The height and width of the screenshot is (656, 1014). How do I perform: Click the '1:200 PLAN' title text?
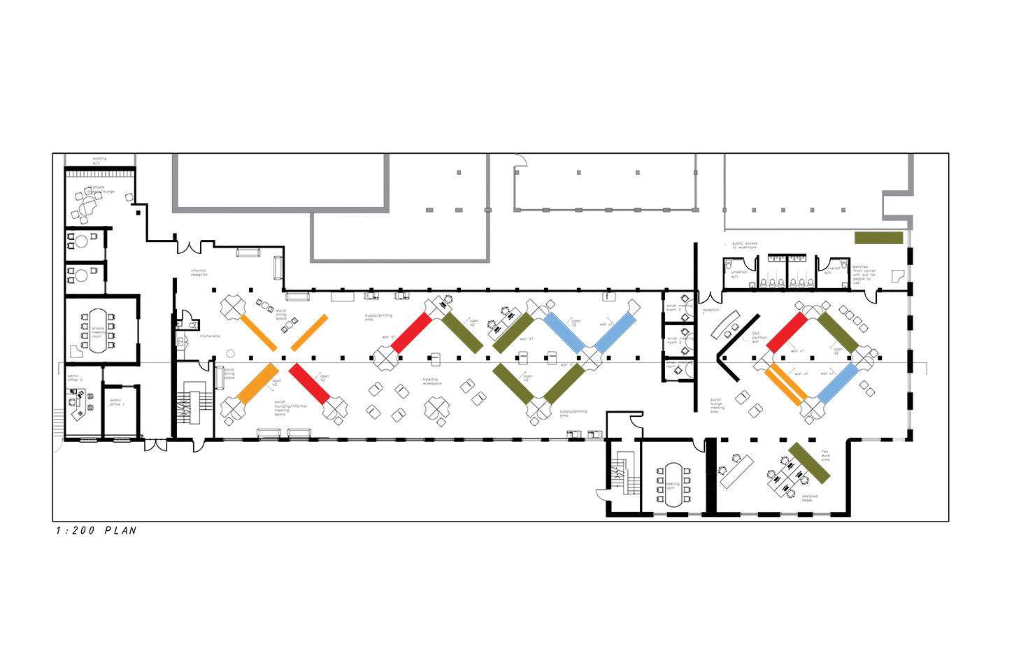(97, 531)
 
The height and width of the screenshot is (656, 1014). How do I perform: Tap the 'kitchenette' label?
(210, 336)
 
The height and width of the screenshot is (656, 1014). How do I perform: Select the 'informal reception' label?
(199, 273)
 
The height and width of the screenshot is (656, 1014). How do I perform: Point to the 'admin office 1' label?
(117, 402)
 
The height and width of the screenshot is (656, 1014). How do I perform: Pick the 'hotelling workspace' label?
(431, 381)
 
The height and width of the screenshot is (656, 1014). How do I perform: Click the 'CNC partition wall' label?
(759, 338)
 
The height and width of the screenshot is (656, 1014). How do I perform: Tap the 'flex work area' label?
(825, 455)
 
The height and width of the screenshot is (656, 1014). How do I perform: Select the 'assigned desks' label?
(809, 498)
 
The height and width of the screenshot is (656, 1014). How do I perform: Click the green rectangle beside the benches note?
(878, 238)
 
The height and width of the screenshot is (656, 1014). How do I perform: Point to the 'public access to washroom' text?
(744, 245)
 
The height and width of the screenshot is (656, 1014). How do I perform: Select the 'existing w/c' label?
(100, 160)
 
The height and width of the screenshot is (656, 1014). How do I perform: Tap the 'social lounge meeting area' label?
(717, 406)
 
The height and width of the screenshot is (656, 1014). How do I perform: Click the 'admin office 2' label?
(75, 378)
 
